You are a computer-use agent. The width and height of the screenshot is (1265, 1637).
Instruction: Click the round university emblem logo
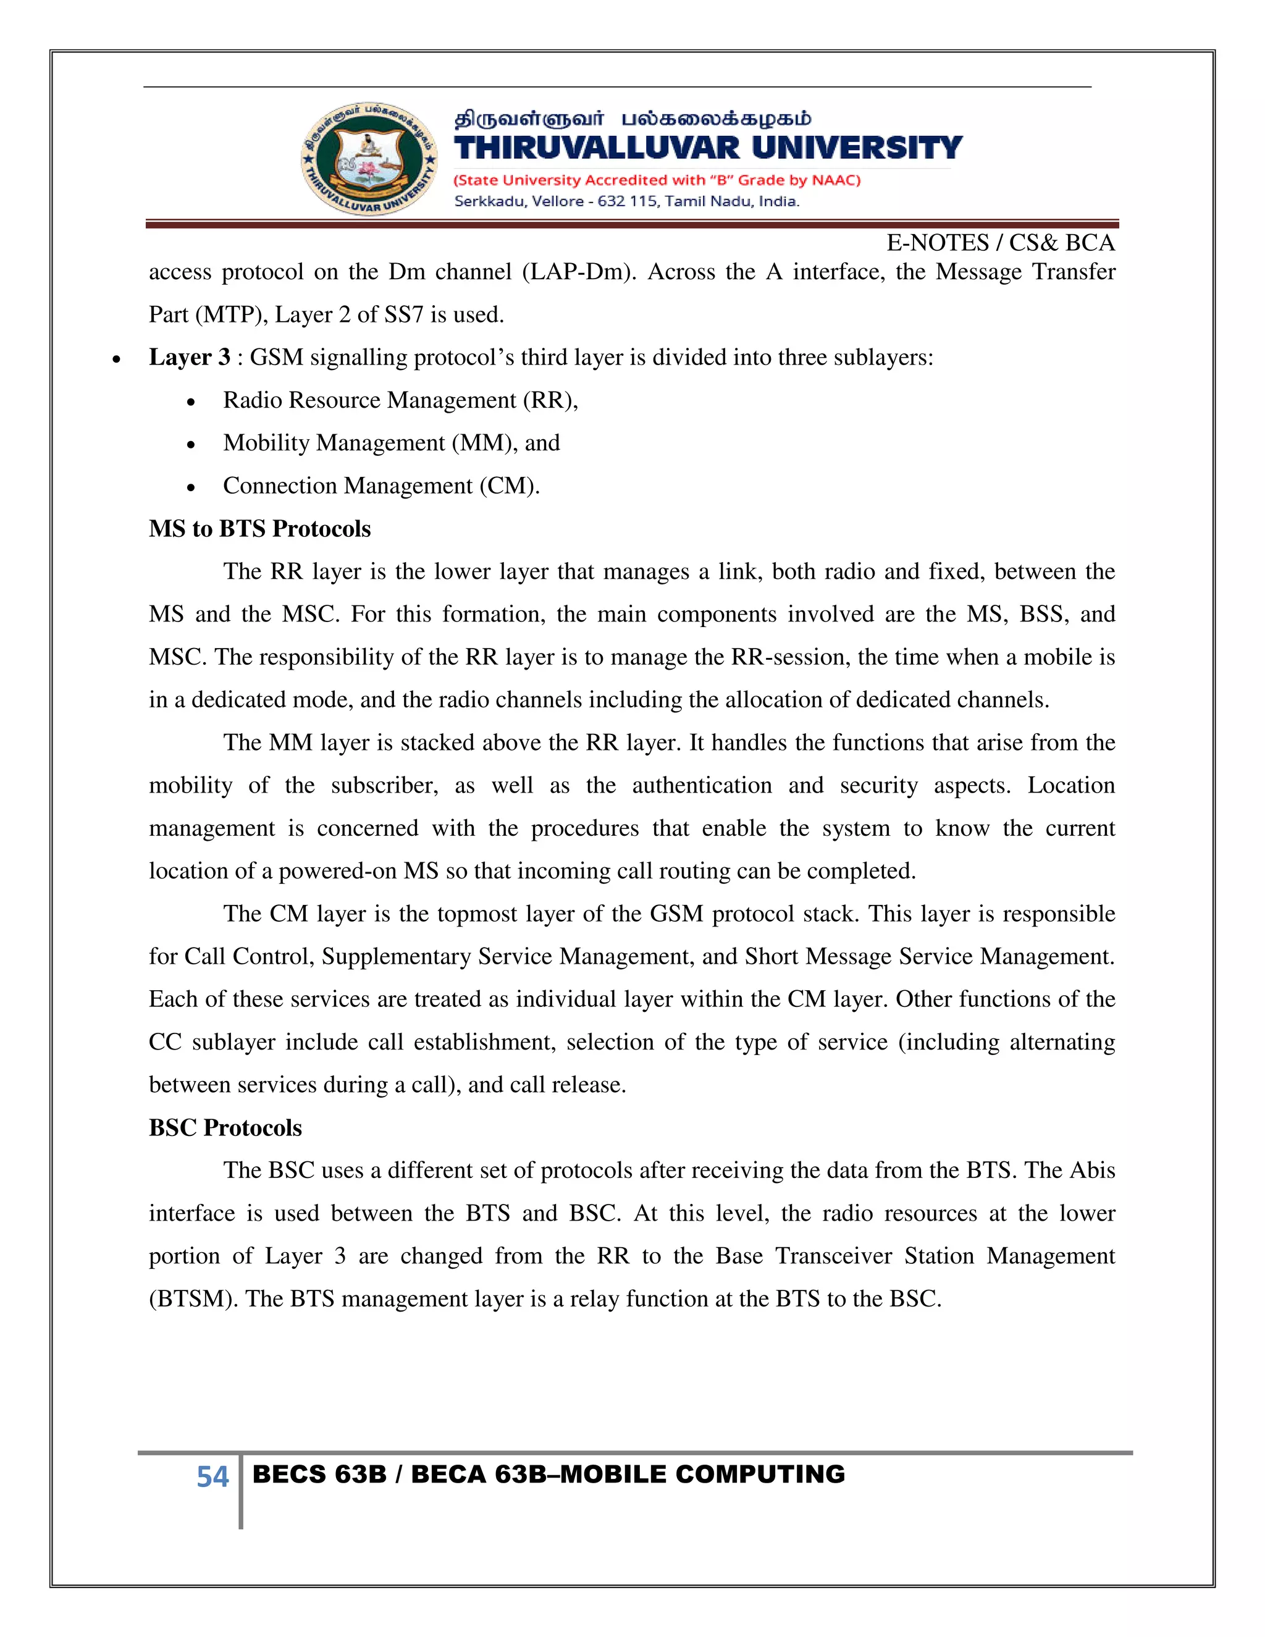369,159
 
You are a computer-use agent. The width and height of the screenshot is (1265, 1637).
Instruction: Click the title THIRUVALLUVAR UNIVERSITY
707,148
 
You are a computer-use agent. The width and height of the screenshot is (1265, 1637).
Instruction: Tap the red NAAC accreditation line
657,180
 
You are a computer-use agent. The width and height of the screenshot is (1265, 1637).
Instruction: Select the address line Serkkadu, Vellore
626,201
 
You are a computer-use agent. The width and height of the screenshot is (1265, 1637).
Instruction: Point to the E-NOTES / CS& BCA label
1000,243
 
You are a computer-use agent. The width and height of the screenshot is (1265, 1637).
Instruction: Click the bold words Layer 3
189,358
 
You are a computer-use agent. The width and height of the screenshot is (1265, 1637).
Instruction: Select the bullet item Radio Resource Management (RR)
400,400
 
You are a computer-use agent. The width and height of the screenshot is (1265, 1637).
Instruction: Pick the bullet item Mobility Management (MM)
391,443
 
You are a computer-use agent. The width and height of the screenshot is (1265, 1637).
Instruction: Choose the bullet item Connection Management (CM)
380,486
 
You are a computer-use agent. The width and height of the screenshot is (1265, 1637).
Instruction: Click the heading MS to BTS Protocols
259,528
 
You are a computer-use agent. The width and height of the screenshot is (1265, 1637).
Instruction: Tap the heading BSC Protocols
225,1127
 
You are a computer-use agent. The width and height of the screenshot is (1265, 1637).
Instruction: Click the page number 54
212,1478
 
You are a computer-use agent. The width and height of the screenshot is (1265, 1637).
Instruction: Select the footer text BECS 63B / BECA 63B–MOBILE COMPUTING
548,1475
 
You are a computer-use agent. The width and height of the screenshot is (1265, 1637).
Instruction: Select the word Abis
1092,1170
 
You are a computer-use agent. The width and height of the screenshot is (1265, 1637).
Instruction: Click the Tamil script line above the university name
632,119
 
